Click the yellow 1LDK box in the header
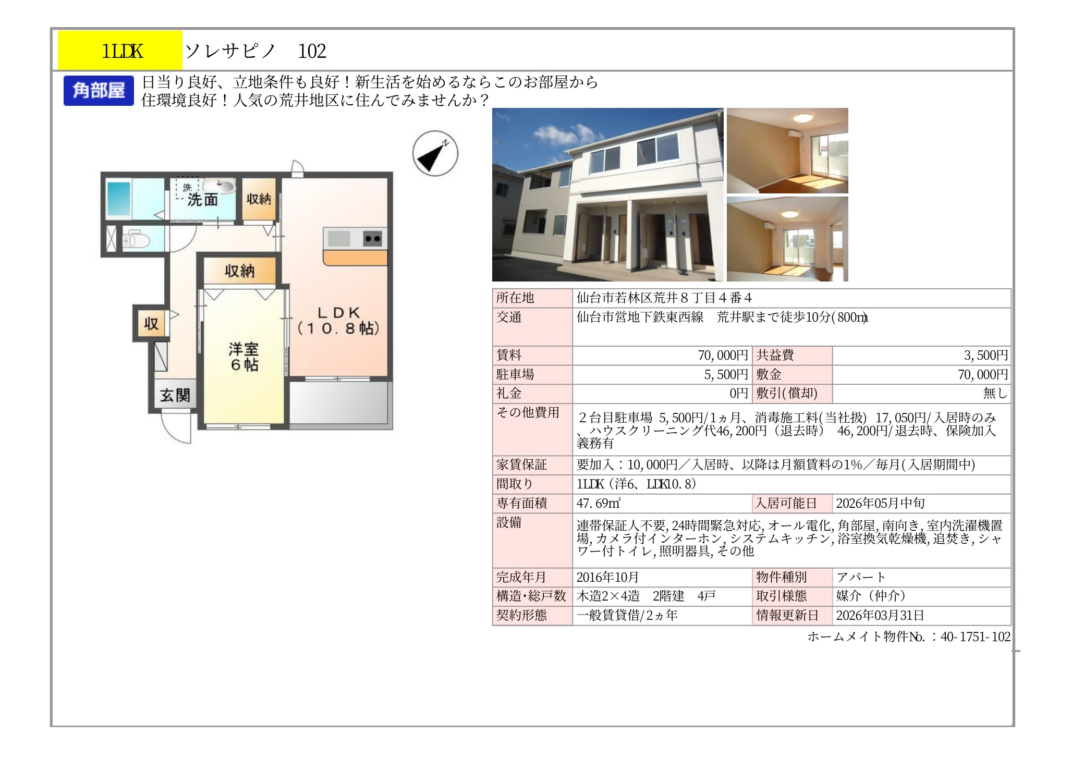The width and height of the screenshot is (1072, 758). [x=120, y=51]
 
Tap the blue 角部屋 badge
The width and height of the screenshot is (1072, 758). [x=99, y=91]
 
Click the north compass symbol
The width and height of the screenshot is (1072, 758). [x=435, y=153]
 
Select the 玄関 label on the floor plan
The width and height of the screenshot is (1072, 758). [x=175, y=396]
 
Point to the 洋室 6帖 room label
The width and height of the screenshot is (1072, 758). [x=243, y=357]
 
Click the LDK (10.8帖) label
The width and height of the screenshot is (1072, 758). [x=338, y=320]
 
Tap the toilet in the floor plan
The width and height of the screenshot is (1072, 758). [x=136, y=240]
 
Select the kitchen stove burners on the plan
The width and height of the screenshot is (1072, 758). [x=373, y=239]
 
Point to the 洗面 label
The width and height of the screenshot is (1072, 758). [x=203, y=200]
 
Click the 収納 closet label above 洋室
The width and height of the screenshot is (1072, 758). [x=240, y=271]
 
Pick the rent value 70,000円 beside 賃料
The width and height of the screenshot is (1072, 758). [x=723, y=356]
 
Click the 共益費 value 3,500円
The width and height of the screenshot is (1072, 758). [x=985, y=356]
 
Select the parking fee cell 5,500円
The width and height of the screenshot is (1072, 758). [x=726, y=375]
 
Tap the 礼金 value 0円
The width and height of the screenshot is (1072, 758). [x=739, y=394]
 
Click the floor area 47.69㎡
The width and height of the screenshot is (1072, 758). [x=598, y=504]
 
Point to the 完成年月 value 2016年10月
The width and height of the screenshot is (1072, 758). [x=607, y=578]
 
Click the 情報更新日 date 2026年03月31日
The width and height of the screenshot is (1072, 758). [x=880, y=616]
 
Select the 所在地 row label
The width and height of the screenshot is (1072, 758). [x=515, y=298]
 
